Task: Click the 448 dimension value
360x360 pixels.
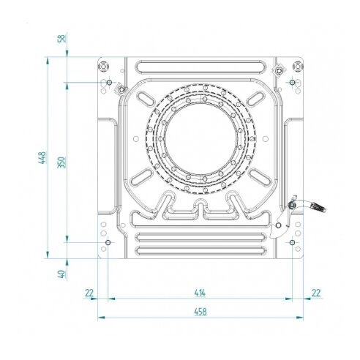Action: pyautogui.click(x=42, y=158)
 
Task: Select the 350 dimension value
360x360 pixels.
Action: pyautogui.click(x=61, y=162)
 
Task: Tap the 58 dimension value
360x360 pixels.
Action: pyautogui.click(x=61, y=39)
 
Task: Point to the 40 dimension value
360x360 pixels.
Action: pyautogui.click(x=61, y=274)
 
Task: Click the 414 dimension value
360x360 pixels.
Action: pyautogui.click(x=200, y=293)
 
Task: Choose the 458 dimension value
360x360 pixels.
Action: pyautogui.click(x=200, y=312)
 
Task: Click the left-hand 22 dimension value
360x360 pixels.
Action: pyautogui.click(x=89, y=293)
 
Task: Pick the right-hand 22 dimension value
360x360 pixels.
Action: pyautogui.click(x=316, y=293)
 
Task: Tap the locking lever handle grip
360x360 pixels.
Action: pyautogui.click(x=318, y=208)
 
